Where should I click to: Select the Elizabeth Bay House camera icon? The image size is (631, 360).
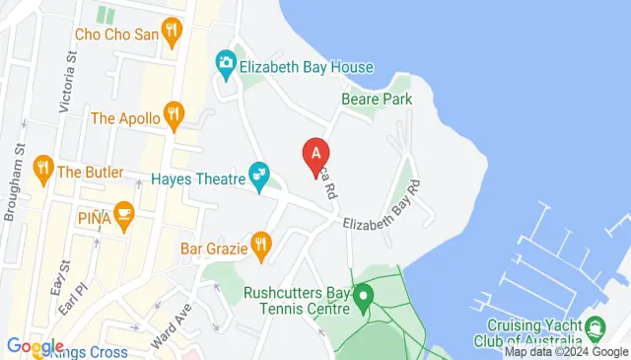(x=226, y=66)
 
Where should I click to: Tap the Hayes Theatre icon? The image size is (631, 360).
(x=260, y=178)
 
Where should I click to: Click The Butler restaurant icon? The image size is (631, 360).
(x=42, y=171)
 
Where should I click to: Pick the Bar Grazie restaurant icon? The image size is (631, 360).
(x=260, y=247)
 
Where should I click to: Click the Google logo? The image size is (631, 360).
(x=35, y=346)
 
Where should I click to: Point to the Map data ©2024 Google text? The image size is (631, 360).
(x=566, y=352)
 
